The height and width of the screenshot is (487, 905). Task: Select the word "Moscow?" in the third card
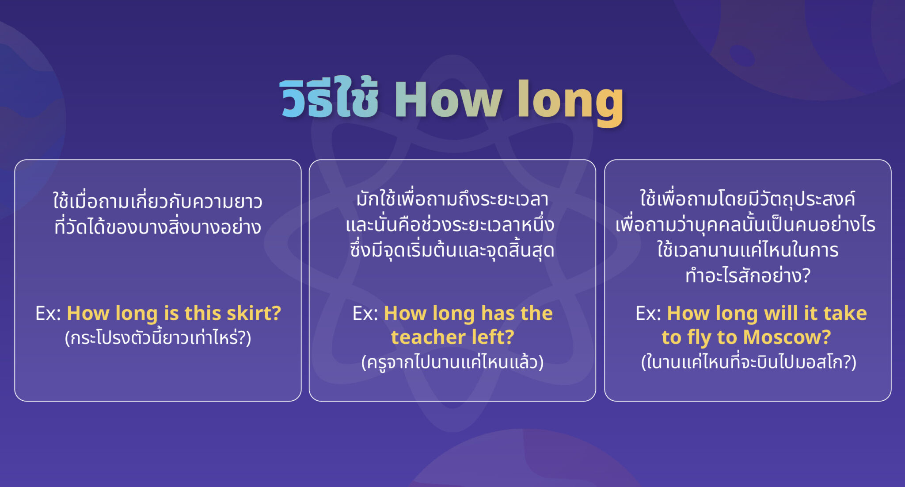click(787, 337)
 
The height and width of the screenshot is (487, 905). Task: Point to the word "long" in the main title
click(570, 101)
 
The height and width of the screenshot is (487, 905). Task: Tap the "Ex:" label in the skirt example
click(48, 313)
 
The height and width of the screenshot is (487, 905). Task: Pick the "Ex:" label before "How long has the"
click(365, 313)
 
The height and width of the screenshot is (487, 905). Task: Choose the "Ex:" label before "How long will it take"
click(648, 313)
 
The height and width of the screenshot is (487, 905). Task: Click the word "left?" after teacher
click(493, 337)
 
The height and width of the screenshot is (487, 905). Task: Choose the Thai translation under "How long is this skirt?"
click(158, 338)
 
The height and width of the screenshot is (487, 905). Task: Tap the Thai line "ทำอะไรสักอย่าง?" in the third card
click(748, 276)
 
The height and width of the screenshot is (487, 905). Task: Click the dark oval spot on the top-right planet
click(742, 56)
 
